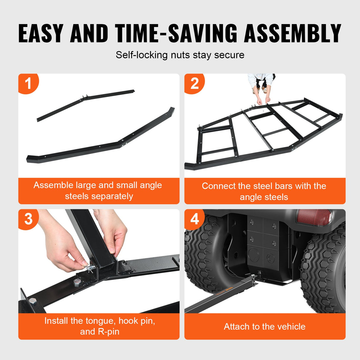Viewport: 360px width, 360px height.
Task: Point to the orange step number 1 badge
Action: tap(28, 83)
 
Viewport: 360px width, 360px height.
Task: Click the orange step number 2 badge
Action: tap(194, 83)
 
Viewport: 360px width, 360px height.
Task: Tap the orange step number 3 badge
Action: tap(28, 219)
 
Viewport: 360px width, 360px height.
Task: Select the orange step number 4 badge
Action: tap(194, 219)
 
